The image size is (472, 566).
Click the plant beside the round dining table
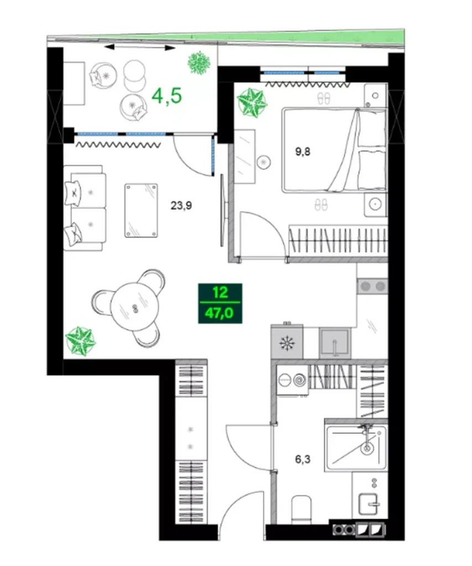[80, 339]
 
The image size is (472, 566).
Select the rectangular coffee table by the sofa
[141, 211]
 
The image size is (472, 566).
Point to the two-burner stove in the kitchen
[372, 285]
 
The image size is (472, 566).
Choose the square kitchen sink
[335, 343]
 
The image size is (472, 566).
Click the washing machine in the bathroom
[292, 380]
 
